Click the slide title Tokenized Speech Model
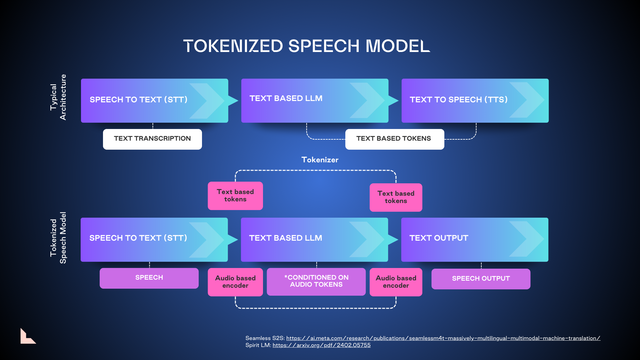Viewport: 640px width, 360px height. [306, 46]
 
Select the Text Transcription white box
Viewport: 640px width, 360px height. [152, 139]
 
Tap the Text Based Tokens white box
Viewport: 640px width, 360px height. [394, 139]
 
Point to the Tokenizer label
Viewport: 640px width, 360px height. [320, 160]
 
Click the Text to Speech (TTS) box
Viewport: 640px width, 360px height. [475, 100]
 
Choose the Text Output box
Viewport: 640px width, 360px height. [474, 239]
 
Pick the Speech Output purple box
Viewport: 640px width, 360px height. [481, 279]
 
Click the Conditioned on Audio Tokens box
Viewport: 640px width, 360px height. [316, 281]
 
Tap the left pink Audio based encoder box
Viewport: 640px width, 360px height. [235, 282]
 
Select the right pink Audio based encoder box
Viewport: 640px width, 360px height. [396, 282]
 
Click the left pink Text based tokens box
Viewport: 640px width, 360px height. [235, 196]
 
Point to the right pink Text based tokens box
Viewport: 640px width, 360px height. [396, 197]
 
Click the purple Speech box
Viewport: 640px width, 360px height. [149, 278]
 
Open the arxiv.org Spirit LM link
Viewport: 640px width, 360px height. [321, 345]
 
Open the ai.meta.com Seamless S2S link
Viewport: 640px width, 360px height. [443, 338]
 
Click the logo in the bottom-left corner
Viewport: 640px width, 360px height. [28, 336]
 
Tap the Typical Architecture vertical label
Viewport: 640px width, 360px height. [58, 97]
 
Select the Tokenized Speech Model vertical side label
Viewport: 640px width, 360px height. [58, 238]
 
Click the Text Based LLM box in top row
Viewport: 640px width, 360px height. [315, 100]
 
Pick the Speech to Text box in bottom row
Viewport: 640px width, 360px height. [154, 239]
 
